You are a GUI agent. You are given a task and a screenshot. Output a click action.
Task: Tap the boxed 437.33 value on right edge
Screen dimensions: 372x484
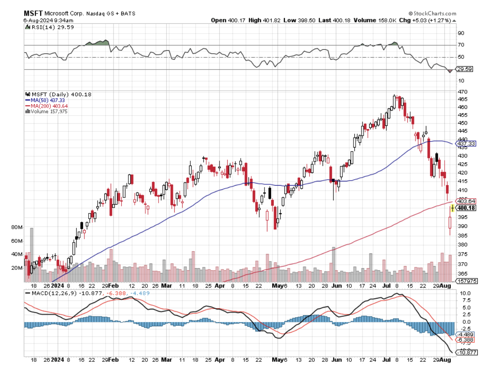[x=466, y=144]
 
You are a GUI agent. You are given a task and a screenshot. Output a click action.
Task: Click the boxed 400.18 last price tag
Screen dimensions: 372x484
[x=466, y=208]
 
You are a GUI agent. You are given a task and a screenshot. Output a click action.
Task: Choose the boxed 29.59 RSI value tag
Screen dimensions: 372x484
[x=464, y=69]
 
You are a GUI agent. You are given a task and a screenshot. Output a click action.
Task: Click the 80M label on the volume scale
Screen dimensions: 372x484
[x=17, y=228]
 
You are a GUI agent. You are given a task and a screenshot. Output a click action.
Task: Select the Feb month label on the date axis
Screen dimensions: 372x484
[x=113, y=360]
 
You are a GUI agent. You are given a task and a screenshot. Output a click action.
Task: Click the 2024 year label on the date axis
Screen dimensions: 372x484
[x=58, y=360]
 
